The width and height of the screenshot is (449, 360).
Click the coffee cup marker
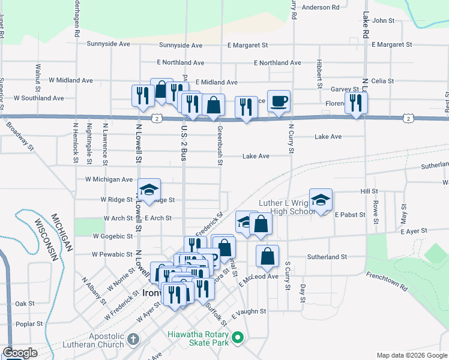point(279,101)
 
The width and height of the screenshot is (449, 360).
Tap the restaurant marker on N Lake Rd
point(357,103)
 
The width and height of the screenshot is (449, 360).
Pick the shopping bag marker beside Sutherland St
point(267,256)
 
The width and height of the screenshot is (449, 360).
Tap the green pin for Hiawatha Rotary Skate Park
point(238,339)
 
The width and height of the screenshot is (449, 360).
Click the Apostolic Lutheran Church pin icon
point(133,340)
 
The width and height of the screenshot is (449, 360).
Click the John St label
point(383,20)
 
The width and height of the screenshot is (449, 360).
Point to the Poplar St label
point(30,323)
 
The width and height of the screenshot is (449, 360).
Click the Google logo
point(20,353)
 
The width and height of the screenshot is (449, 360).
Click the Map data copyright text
point(411,355)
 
